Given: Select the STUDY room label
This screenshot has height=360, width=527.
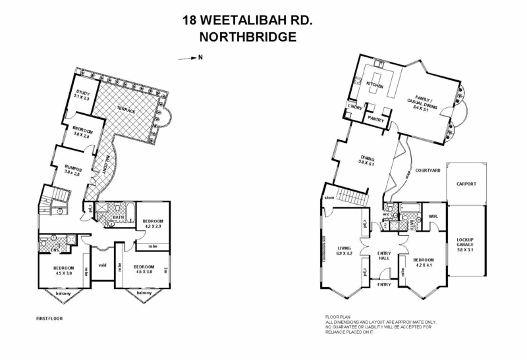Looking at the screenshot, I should coord(82,93).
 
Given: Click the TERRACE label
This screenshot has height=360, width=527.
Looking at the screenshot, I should coord(126,111).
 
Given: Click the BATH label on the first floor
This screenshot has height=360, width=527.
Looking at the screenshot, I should coord(119,217).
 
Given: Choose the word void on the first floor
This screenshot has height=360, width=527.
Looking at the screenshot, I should coord(102,266).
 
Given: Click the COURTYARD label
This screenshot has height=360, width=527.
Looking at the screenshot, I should coord(427,170).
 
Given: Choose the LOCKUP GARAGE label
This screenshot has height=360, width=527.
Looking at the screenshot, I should coord(466,244).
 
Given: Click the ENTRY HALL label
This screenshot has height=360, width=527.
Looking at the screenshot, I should coord(383,255).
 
